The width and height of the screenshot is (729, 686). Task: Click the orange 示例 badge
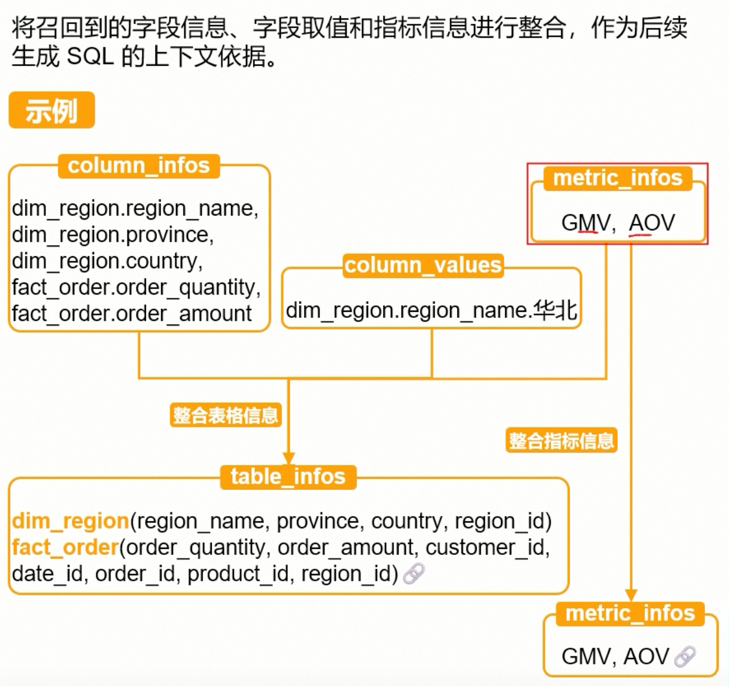51,110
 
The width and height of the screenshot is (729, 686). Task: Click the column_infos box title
139,165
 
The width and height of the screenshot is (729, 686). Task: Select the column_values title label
423,265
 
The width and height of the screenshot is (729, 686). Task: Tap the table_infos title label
288,476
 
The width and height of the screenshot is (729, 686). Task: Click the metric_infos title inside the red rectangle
618,178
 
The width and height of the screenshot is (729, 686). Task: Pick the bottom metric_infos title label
630,613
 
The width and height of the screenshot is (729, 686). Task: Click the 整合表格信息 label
226,415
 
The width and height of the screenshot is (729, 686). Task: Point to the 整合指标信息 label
561,441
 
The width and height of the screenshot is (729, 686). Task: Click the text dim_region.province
113,235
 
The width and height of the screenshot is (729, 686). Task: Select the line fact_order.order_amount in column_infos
132,313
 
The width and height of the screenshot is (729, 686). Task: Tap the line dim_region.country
107,261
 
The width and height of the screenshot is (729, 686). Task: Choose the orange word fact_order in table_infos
65,547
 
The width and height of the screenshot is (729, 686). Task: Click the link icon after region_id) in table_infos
414,573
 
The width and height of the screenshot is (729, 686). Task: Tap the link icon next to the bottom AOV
685,657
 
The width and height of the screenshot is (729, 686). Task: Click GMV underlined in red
587,223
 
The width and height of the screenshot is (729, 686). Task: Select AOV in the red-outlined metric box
651,223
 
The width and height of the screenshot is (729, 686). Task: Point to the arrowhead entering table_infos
288,459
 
